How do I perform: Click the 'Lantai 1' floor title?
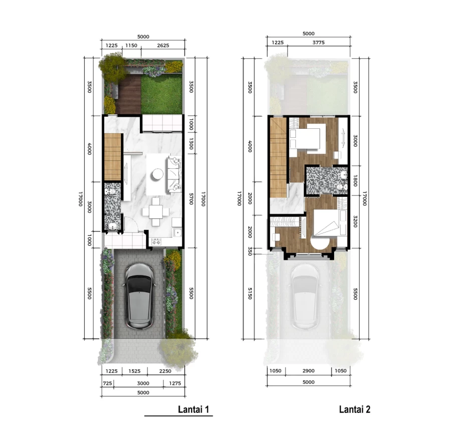point(193,409)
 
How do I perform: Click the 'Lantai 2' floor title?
point(355,409)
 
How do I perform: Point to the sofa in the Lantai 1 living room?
point(175,174)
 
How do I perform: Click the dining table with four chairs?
point(156,212)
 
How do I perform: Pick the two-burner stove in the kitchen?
point(157,242)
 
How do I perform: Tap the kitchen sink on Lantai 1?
point(177,232)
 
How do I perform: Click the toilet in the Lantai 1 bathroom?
point(110,191)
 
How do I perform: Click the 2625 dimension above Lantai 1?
point(163,46)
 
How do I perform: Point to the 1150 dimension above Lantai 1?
point(131,46)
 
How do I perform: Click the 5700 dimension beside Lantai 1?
point(191,199)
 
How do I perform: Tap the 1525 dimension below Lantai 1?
point(134,371)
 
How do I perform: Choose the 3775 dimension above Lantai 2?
point(319,43)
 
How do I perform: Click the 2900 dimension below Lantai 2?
point(309,371)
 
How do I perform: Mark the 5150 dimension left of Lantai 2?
point(250,293)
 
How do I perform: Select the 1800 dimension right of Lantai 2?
point(355,180)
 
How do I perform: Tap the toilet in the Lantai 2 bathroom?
point(342,187)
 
